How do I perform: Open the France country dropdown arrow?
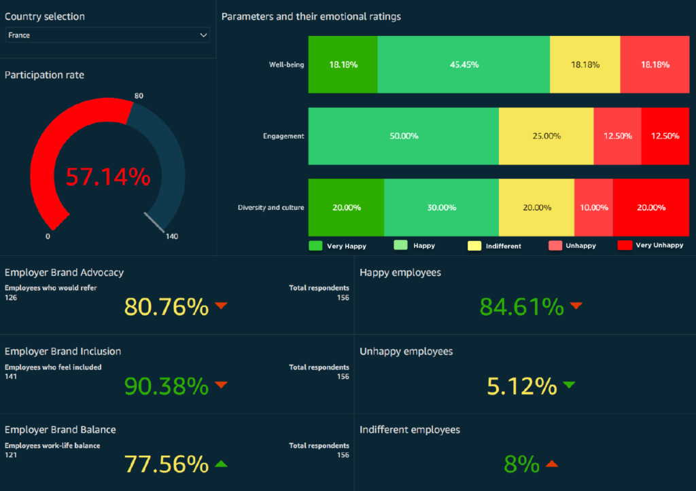[203, 35]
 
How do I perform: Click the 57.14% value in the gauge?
[107, 177]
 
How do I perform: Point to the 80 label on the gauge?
[139, 96]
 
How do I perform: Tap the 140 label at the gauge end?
[171, 236]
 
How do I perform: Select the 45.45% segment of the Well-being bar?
[464, 65]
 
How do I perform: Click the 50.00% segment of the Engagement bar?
[404, 136]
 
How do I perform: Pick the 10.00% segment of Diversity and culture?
[593, 207]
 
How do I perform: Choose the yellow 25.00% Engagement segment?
[546, 136]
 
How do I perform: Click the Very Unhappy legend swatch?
[625, 245]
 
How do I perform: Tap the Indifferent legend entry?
[503, 246]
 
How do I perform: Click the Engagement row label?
[283, 136]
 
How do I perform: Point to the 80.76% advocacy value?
[166, 307]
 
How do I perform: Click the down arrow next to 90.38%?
[220, 385]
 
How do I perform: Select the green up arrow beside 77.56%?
[220, 464]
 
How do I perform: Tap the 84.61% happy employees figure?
[521, 307]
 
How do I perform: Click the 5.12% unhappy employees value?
[521, 386]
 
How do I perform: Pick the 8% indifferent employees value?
[521, 465]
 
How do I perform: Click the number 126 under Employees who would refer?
[11, 297]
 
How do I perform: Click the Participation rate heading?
[44, 75]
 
